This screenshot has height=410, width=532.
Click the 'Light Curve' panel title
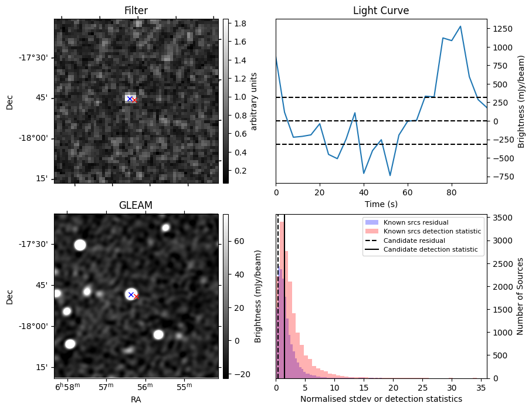tap(381, 11)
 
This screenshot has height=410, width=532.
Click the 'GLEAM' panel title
tap(136, 205)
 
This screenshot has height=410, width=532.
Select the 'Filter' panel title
tap(136, 11)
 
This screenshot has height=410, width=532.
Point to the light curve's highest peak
tap(460, 26)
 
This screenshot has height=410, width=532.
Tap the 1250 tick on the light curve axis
tap(503, 29)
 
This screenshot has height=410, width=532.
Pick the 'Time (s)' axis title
tap(381, 204)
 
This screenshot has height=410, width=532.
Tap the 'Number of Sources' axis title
tap(520, 296)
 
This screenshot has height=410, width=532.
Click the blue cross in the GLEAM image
tap(131, 294)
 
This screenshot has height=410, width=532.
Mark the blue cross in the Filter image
tap(129, 99)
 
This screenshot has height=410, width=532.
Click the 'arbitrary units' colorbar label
tap(254, 101)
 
